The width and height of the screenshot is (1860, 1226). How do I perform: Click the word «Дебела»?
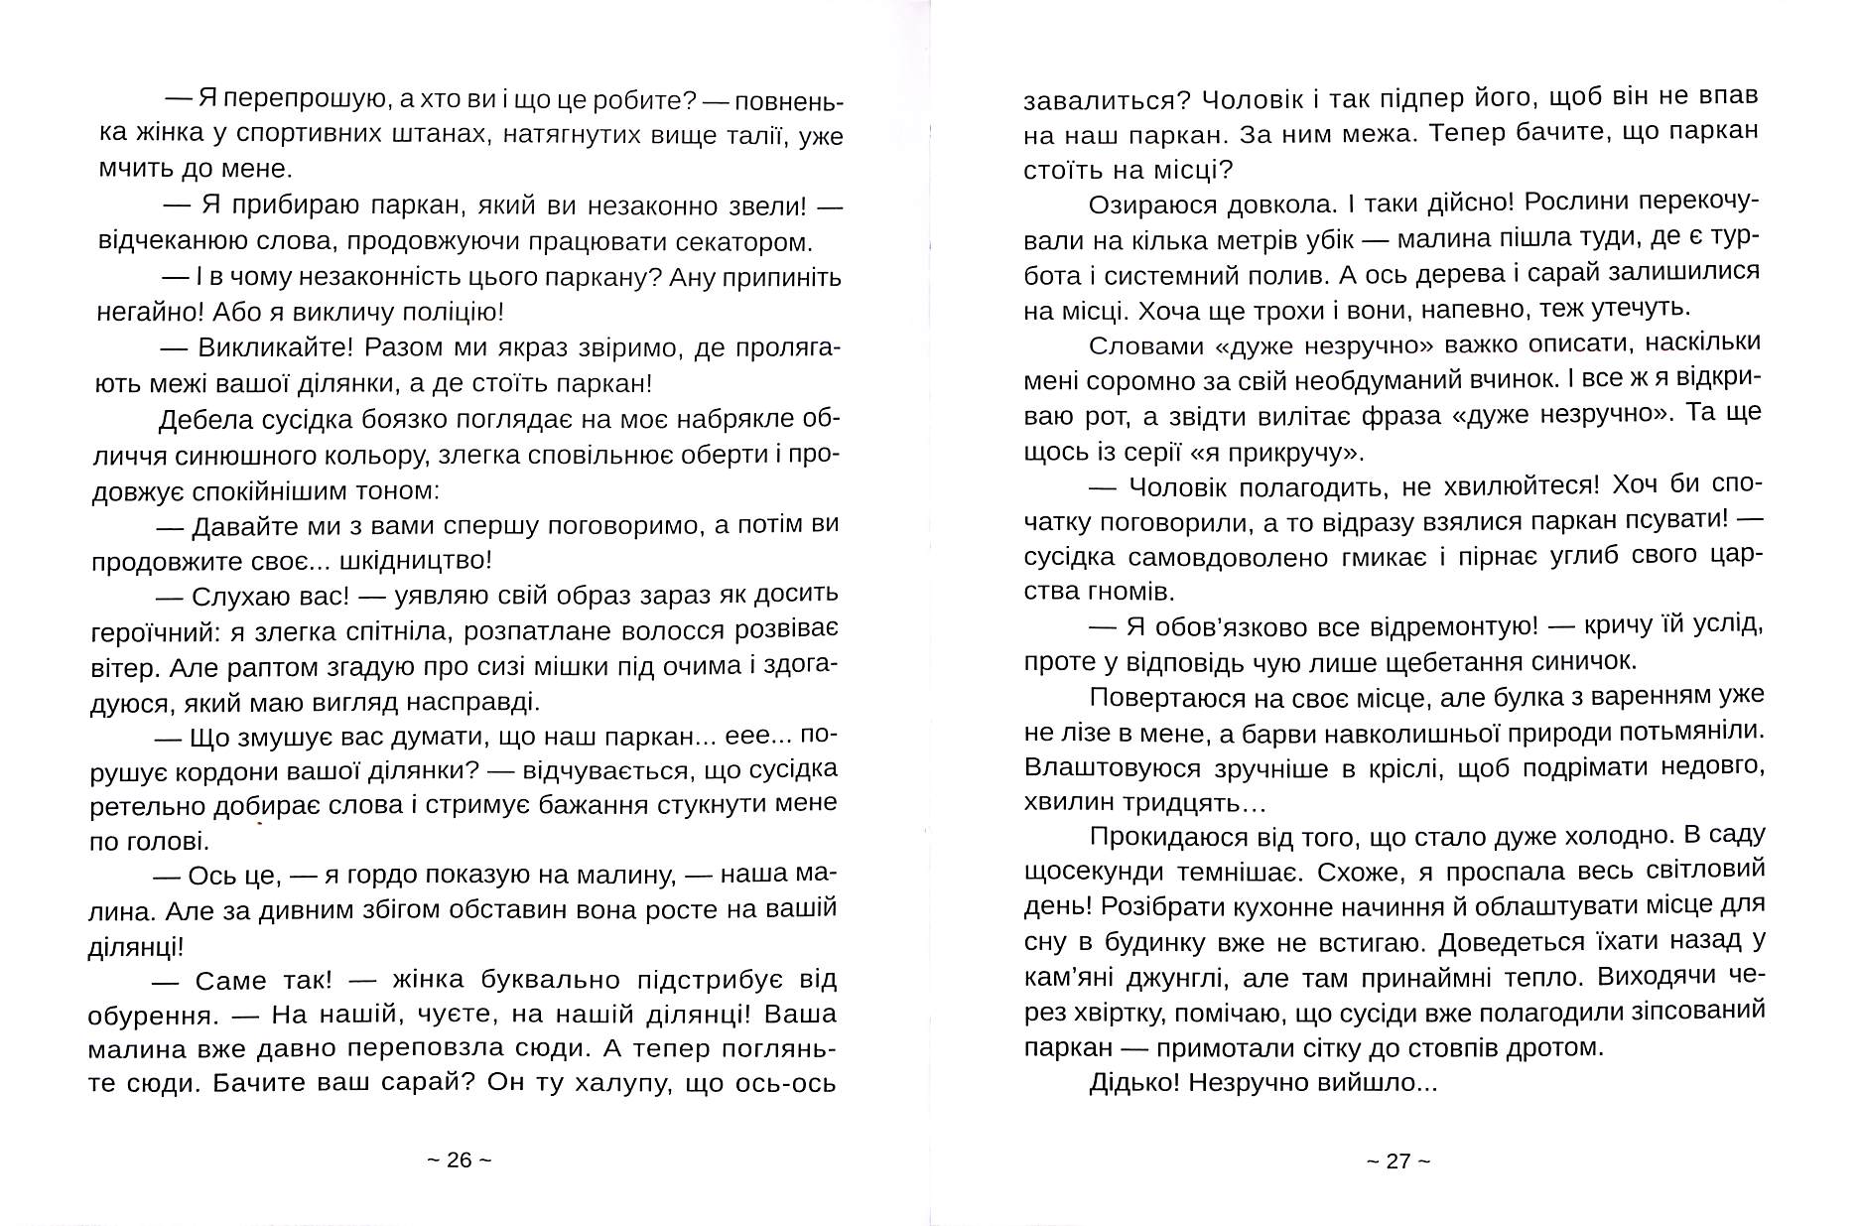(198, 420)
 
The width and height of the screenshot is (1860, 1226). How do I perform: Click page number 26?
(460, 1160)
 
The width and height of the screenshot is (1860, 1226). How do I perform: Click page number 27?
(1398, 1160)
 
